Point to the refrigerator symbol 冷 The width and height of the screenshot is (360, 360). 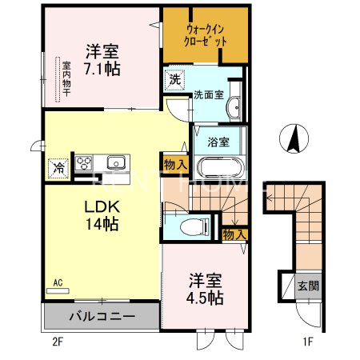pos(58,168)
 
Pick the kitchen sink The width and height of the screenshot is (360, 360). pos(116,162)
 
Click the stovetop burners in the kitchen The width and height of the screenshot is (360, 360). pos(84,163)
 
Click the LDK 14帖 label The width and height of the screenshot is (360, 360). pos(102,214)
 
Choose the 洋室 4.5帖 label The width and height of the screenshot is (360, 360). pos(206,288)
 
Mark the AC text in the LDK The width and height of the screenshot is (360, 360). pos(58,282)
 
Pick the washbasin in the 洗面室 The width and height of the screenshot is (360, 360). pos(234,108)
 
